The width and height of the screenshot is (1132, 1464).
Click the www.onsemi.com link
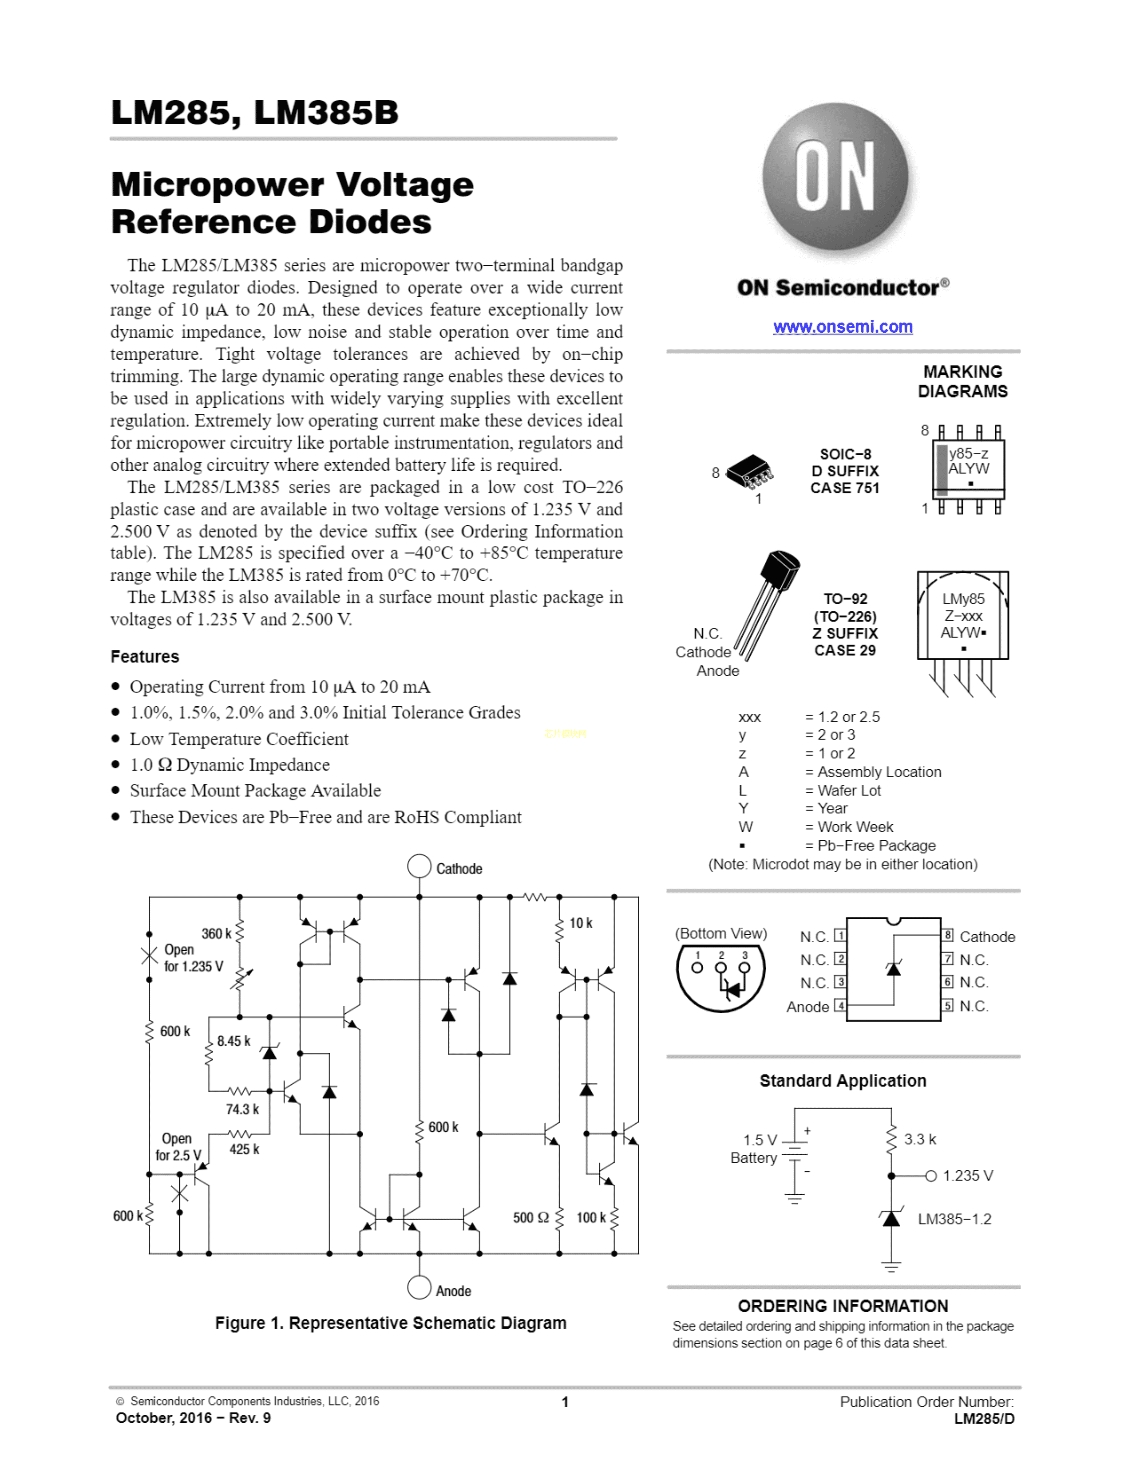coord(842,327)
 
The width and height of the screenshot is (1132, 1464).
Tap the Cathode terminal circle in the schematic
coord(419,866)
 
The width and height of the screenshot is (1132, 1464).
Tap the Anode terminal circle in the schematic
coord(419,1287)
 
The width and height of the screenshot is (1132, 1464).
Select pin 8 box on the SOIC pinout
coord(948,935)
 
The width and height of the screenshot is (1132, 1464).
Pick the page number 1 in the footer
coord(565,1401)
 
